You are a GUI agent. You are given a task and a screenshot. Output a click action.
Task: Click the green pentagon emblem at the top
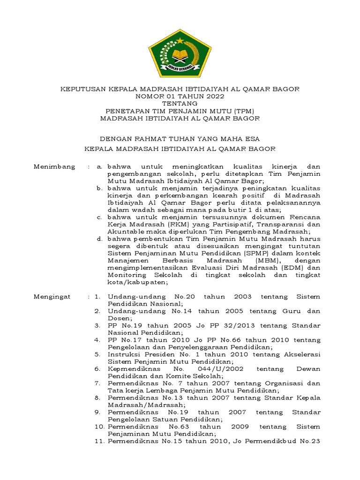pos(180,52)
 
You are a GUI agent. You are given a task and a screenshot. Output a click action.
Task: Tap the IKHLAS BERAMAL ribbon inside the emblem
pos(180,67)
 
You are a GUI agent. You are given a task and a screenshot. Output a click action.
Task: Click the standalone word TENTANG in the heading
pos(180,103)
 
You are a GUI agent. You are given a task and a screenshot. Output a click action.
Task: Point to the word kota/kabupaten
pos(135,282)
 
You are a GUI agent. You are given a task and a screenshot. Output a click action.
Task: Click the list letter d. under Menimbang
pos(99,239)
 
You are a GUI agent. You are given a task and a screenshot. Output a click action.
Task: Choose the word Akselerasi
pos(302,354)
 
